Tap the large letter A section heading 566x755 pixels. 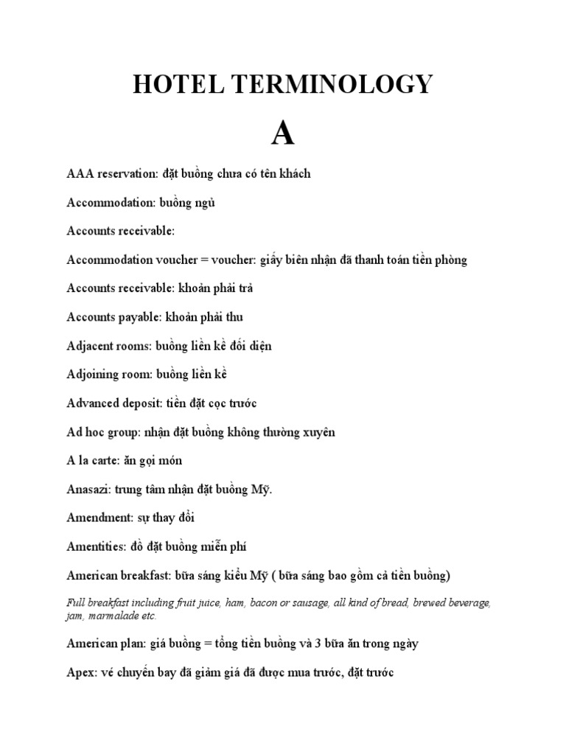(x=282, y=133)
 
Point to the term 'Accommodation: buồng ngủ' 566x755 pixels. (x=141, y=203)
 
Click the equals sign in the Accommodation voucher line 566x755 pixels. (x=202, y=260)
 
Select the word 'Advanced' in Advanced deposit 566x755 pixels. (x=91, y=403)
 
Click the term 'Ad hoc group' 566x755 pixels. (x=100, y=432)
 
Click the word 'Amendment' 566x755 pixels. (x=97, y=518)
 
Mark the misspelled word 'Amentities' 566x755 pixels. (x=96, y=547)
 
